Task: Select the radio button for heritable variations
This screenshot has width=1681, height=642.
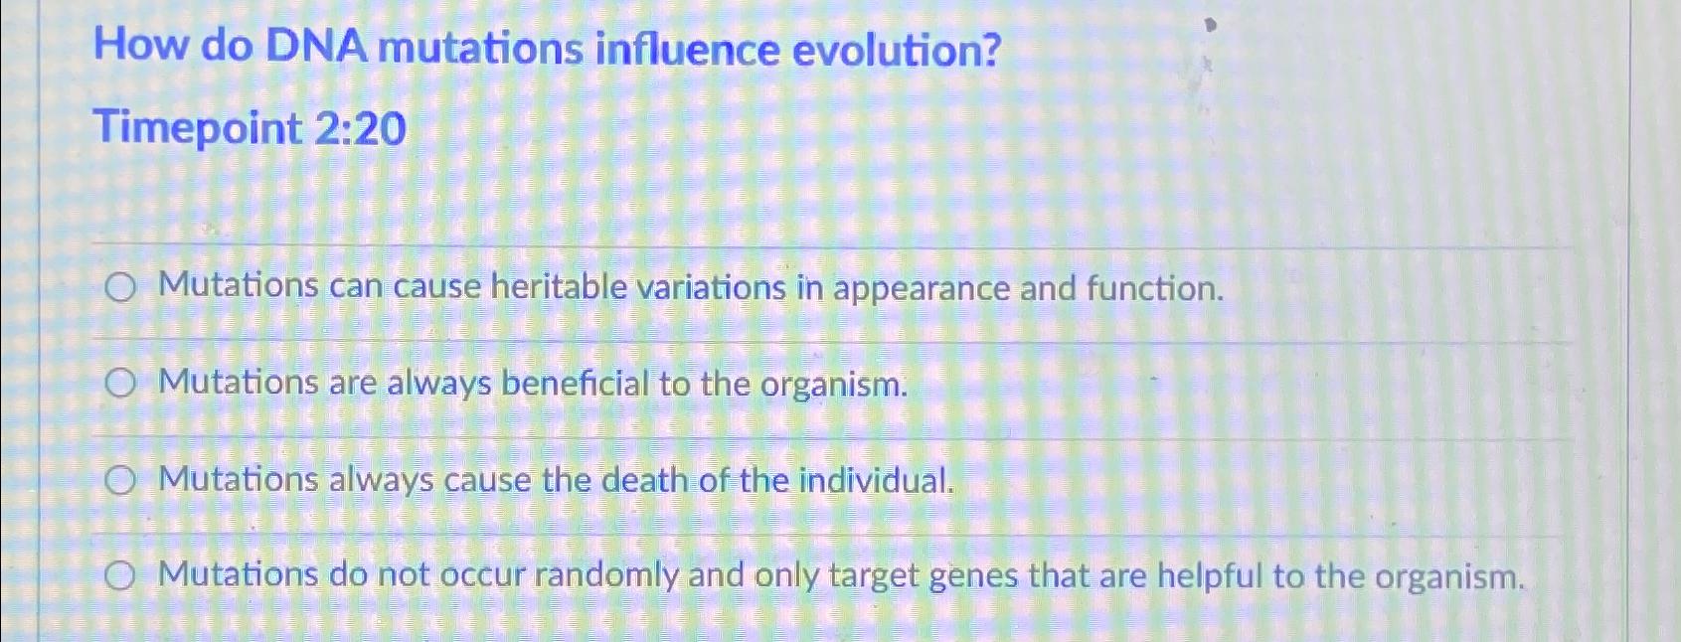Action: click(120, 289)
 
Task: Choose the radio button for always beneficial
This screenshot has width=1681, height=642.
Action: click(120, 385)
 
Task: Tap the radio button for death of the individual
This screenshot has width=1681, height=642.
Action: click(120, 482)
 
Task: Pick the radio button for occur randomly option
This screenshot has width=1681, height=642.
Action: click(120, 576)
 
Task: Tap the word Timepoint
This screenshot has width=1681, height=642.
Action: click(198, 130)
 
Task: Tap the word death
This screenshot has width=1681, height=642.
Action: click(645, 481)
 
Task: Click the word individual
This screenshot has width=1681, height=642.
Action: click(876, 481)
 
